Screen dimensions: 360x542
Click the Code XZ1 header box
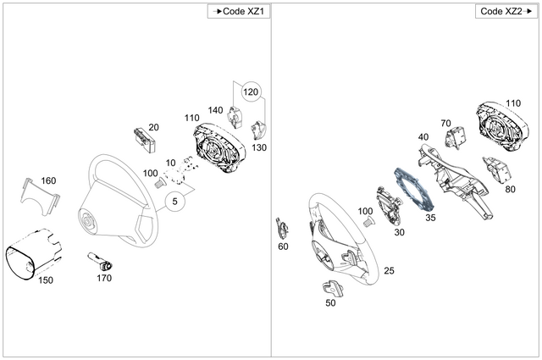pyautogui.click(x=240, y=11)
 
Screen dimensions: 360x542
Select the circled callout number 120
pyautogui.click(x=252, y=91)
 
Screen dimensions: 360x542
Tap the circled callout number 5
pyautogui.click(x=175, y=202)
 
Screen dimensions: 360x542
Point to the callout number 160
pyautogui.click(x=48, y=180)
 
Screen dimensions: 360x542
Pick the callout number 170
pyautogui.click(x=103, y=277)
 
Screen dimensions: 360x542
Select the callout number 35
pyautogui.click(x=430, y=218)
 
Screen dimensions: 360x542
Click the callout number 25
pyautogui.click(x=389, y=271)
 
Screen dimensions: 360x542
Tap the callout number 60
pyautogui.click(x=283, y=246)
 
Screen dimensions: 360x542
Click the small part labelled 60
pyautogui.click(x=281, y=228)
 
